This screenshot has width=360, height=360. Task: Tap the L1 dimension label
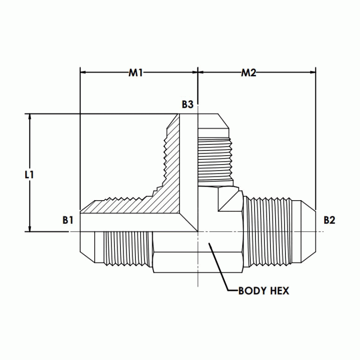[x=29, y=174]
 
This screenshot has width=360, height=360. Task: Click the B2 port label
[x=330, y=220]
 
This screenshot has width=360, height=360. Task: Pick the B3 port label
[x=187, y=105]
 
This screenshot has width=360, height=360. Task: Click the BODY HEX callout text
[x=263, y=291]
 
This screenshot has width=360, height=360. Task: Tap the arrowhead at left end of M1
[x=83, y=73]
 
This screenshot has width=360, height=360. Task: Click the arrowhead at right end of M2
[x=313, y=73]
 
